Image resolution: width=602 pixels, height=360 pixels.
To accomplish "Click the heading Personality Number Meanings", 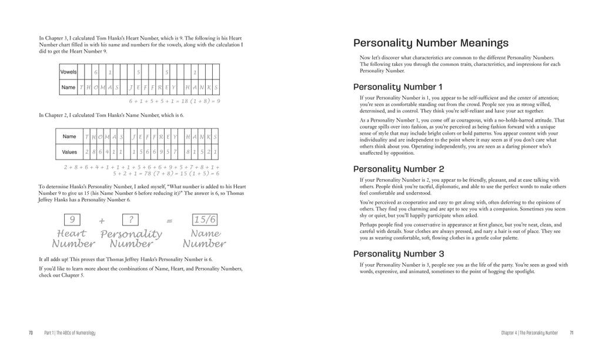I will click(x=430, y=43).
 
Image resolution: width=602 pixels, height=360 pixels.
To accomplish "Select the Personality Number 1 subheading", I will click(x=398, y=86).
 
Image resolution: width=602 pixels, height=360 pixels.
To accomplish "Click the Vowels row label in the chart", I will click(x=68, y=72).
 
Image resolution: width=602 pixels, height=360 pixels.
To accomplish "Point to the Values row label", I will click(x=69, y=151).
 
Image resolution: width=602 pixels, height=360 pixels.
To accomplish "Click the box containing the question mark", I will click(x=130, y=220).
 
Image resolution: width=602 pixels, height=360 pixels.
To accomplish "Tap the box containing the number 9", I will click(x=72, y=220).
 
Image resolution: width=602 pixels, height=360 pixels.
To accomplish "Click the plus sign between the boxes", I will click(x=101, y=221).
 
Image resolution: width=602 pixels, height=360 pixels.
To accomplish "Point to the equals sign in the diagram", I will click(x=169, y=221).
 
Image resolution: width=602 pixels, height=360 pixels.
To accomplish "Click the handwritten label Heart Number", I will click(x=73, y=239).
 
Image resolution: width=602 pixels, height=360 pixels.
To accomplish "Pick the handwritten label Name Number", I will click(x=205, y=239).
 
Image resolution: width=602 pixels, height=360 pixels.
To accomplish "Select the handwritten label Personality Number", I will click(x=131, y=239).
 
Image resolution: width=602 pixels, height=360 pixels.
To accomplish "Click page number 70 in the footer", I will click(x=31, y=333).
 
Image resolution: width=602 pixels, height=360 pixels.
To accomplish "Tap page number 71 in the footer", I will click(x=571, y=333).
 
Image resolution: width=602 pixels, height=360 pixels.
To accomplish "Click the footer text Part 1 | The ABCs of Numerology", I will click(x=70, y=333).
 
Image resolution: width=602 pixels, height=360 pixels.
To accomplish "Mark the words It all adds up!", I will click(x=53, y=259).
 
